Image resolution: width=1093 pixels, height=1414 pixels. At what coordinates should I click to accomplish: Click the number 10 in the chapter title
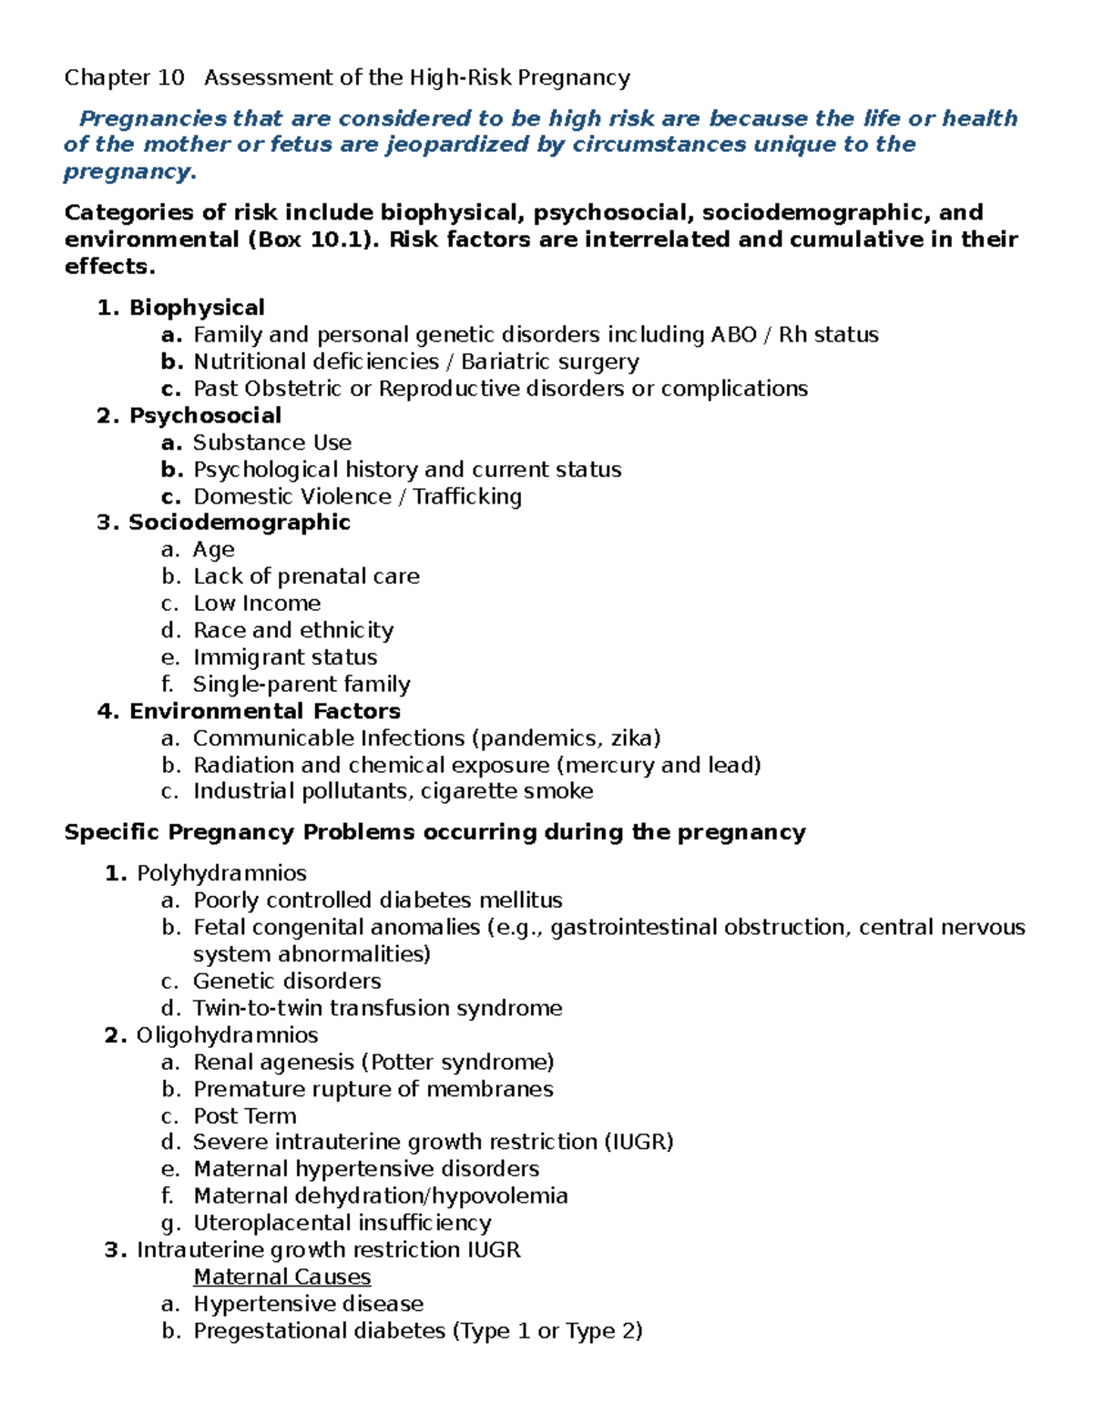pos(170,78)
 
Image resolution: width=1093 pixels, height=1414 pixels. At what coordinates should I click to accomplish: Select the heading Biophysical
pos(197,308)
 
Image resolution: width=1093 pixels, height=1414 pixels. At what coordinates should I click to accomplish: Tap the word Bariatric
pos(505,361)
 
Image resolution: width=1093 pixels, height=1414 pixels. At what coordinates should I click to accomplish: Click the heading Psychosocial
pos(205,415)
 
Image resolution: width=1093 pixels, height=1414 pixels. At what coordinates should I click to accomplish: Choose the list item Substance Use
pos(271,443)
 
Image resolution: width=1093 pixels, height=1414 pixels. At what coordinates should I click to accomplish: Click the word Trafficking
pos(467,496)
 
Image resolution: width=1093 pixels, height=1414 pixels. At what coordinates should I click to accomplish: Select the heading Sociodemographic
pos(239,523)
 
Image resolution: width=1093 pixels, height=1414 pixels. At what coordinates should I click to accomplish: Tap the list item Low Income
pos(257,604)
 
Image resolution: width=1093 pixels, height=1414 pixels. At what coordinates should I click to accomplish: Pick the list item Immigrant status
pos(284,657)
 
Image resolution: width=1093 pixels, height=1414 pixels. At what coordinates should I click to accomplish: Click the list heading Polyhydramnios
pos(221,874)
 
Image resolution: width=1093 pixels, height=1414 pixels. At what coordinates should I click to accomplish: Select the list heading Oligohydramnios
pos(227,1035)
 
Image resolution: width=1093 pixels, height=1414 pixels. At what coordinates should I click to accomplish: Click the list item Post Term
pos(244,1116)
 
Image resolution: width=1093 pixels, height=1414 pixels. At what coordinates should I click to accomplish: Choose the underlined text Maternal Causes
pos(281,1277)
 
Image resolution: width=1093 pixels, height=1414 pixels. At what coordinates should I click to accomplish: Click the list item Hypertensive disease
pos(308,1304)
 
